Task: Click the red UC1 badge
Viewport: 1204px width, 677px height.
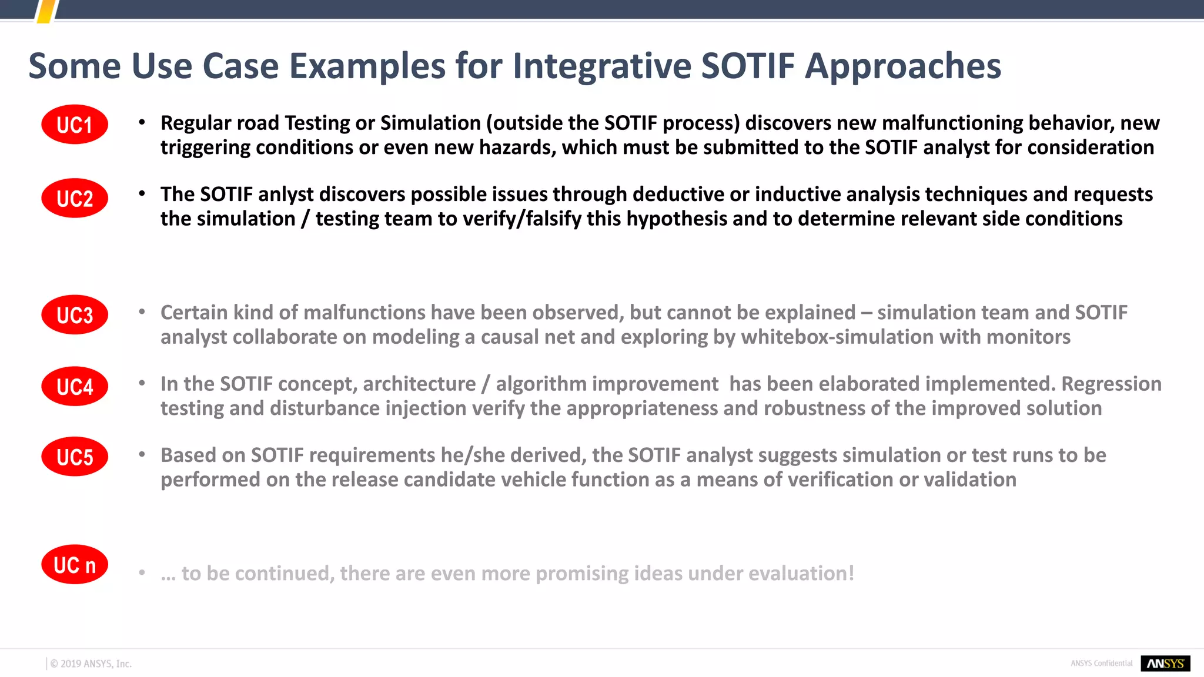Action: coord(75,125)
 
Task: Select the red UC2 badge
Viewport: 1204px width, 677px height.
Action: coord(75,198)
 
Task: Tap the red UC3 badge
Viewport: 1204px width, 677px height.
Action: coord(75,314)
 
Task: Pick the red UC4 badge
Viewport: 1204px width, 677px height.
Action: coord(75,386)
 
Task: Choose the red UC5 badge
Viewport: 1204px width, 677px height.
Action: coord(75,457)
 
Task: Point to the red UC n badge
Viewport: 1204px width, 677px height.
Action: coord(75,564)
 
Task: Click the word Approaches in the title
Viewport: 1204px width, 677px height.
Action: coord(903,66)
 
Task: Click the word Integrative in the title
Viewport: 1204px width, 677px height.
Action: coord(601,66)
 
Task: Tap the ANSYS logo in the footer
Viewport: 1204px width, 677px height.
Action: coord(1165,663)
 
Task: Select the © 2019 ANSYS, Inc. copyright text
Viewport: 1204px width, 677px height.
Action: coord(91,663)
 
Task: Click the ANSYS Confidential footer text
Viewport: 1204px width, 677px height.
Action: coord(1101,663)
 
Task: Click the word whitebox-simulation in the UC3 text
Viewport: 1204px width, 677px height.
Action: coord(837,337)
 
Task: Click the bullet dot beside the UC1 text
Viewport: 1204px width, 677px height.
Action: coord(142,122)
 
